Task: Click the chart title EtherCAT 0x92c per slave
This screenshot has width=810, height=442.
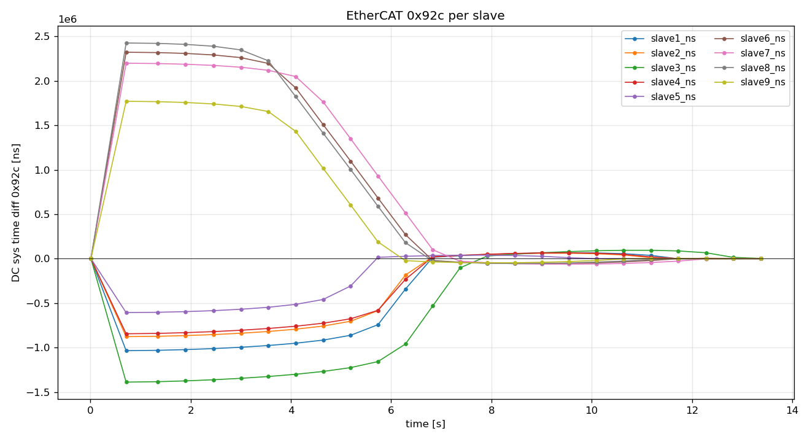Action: (x=425, y=16)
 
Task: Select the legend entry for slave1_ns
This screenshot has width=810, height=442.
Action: (x=673, y=39)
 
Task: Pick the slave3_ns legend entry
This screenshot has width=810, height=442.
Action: (x=673, y=68)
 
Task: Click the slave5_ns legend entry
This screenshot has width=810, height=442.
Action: (x=673, y=97)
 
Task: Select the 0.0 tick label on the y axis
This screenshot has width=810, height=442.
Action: (x=42, y=259)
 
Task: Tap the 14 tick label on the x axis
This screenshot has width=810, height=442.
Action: (x=792, y=409)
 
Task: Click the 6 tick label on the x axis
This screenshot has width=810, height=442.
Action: (x=391, y=409)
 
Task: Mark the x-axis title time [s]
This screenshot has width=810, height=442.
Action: (x=425, y=424)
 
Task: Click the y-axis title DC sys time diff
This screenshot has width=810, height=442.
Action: (x=17, y=212)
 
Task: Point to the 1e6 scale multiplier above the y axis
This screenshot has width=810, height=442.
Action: (x=67, y=20)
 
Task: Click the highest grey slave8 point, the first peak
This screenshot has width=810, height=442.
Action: (x=126, y=43)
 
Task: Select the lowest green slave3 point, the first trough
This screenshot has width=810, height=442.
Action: (x=126, y=382)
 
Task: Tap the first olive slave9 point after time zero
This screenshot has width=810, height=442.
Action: (x=126, y=101)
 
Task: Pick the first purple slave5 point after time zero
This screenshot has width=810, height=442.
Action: (x=126, y=312)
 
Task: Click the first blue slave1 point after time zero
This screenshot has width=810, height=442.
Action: (x=126, y=351)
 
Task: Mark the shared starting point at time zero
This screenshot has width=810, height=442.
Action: (x=91, y=258)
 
